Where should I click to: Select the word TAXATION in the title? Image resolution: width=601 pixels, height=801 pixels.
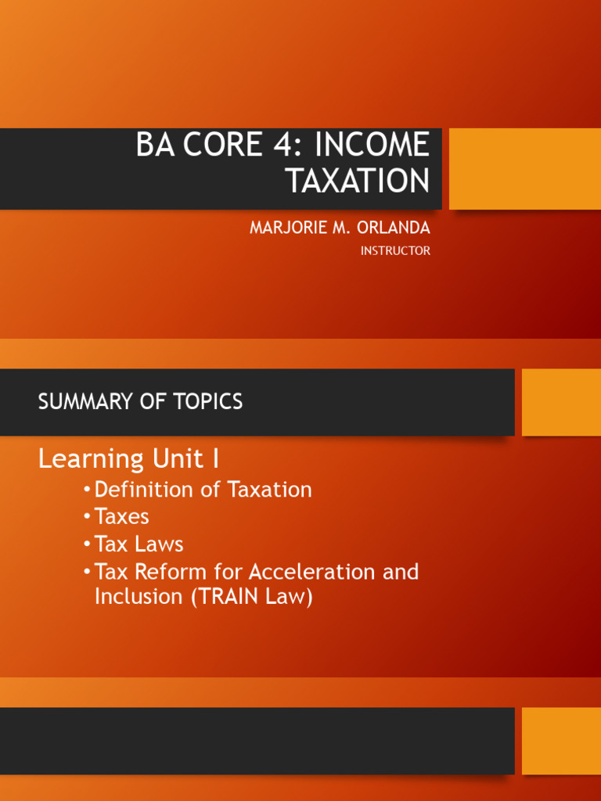(x=358, y=181)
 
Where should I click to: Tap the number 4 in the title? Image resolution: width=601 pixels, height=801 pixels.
(x=266, y=145)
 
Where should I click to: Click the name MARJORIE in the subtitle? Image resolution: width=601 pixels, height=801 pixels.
(x=286, y=228)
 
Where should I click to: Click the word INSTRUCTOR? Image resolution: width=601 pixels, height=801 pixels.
(x=395, y=251)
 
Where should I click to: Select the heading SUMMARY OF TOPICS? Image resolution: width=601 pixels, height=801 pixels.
(x=140, y=402)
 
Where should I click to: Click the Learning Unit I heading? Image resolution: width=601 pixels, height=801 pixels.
(x=128, y=458)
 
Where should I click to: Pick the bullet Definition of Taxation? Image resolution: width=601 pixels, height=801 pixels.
(x=203, y=490)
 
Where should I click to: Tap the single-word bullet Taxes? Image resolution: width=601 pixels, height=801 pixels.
(x=121, y=517)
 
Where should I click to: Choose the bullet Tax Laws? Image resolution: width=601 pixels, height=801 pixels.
(x=139, y=544)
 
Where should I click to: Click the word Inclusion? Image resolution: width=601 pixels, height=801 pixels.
(x=138, y=597)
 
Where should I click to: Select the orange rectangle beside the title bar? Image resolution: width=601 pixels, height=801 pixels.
(x=524, y=169)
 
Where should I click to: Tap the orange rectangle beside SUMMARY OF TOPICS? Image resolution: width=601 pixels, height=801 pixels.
(x=561, y=402)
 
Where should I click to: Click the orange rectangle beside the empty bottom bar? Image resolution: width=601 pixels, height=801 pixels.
(x=561, y=741)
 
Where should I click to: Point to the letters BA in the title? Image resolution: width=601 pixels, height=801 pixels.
(x=153, y=145)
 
